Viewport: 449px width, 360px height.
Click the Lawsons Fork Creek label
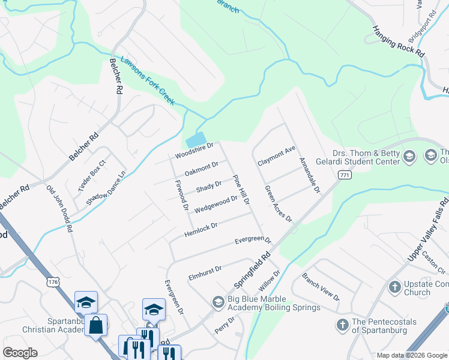[148, 80]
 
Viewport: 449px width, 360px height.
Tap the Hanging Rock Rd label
[398, 41]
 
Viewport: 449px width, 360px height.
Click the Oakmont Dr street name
[201, 169]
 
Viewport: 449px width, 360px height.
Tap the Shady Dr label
[209, 187]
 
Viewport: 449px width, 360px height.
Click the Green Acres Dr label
[279, 203]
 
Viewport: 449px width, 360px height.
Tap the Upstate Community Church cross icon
[394, 286]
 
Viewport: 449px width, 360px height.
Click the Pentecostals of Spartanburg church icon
[342, 325]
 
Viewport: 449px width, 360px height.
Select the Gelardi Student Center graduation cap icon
[409, 157]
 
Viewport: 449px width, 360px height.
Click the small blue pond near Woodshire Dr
[196, 140]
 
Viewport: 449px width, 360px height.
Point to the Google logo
[20, 353]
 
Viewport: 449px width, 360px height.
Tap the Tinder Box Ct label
[91, 175]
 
